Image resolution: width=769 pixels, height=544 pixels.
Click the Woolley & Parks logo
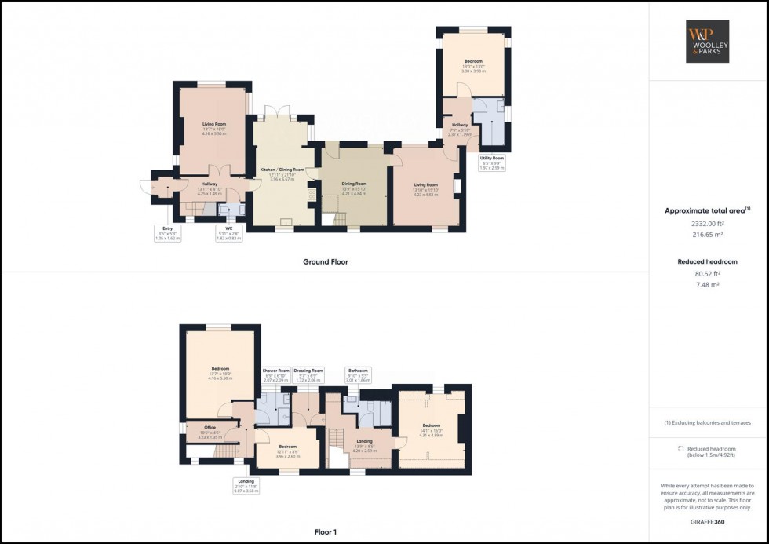click(709, 42)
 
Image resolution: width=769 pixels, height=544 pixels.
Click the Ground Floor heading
click(325, 262)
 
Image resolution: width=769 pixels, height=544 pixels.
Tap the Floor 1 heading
click(325, 532)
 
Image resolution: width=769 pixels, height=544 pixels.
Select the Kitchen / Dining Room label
click(282, 173)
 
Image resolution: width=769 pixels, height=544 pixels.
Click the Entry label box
click(168, 235)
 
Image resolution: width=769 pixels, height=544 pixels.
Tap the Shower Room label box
click(276, 374)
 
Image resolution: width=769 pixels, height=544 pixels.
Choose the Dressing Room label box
click(308, 374)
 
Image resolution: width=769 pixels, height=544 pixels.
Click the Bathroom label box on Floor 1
click(357, 374)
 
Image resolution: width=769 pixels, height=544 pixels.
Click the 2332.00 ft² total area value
click(708, 224)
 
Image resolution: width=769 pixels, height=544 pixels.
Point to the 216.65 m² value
click(708, 235)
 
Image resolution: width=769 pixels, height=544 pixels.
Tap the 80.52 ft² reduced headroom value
click(708, 274)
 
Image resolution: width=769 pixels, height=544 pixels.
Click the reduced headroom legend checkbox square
click(680, 449)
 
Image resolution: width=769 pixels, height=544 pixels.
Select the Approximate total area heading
click(708, 210)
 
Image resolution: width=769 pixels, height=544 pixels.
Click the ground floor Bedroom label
click(473, 64)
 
